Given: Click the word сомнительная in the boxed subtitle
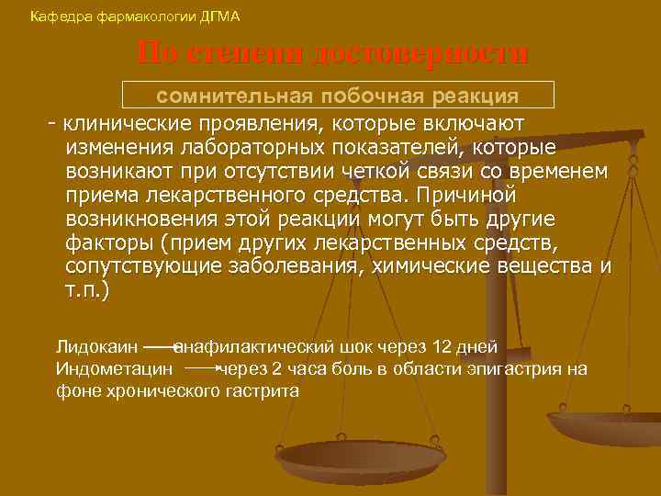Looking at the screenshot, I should point(231,96).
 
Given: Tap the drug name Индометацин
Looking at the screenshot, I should point(115,369).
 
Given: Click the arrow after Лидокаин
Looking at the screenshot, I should point(161,347).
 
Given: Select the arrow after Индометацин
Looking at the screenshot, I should point(202,369).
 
